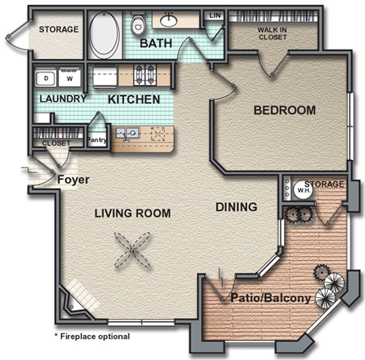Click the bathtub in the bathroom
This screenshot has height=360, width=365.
point(105,35)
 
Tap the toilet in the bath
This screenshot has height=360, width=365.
point(138,23)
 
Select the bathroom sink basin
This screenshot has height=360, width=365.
point(169,21)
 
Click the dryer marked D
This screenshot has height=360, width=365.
point(45,77)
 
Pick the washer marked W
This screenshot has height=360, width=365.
point(70,77)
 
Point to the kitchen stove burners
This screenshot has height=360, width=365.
point(143,75)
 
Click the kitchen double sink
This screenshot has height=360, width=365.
point(127,133)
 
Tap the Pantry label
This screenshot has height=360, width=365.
point(97,139)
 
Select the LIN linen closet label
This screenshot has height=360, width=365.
point(215,15)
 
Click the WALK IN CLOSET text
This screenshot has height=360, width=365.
point(272,33)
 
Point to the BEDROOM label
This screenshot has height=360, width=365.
point(285,111)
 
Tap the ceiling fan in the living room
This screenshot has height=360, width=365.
point(132,250)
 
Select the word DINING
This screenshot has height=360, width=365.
point(236,207)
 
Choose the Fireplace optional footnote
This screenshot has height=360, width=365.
point(92,337)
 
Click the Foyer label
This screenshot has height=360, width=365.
point(73,180)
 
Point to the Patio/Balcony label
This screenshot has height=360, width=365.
point(270,298)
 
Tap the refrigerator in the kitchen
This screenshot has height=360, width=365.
point(105,77)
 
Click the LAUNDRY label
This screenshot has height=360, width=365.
point(63,99)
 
